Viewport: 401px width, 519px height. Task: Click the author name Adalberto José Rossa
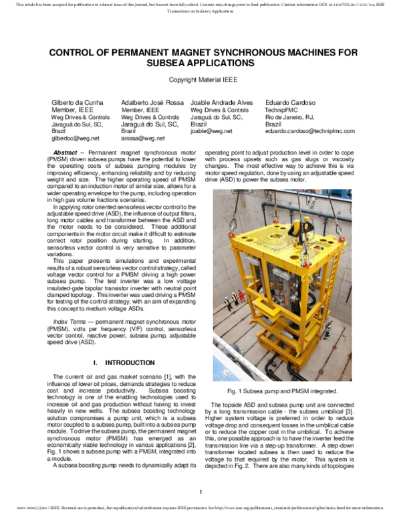(153, 102)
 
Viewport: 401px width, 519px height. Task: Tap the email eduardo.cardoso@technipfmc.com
(309, 131)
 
